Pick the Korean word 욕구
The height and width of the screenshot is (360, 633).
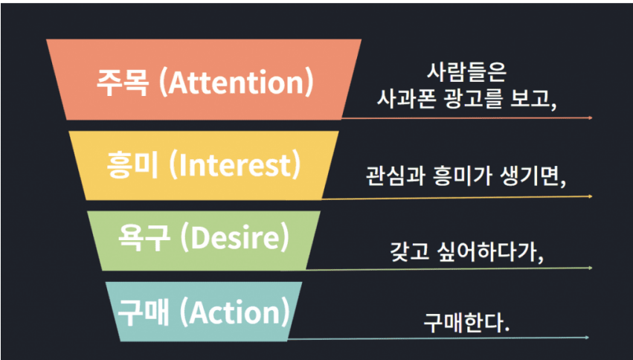tap(144, 240)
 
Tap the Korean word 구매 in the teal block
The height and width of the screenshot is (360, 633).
tap(144, 313)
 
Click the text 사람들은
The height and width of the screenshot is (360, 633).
tap(466, 74)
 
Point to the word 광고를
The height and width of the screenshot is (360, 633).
tap(468, 99)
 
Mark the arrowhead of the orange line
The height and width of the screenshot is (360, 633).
tap(590, 118)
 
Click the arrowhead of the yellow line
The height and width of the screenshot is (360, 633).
tap(590, 196)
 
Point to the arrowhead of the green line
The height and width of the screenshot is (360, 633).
tap(590, 268)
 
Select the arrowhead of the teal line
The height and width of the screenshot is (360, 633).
tap(587, 338)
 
